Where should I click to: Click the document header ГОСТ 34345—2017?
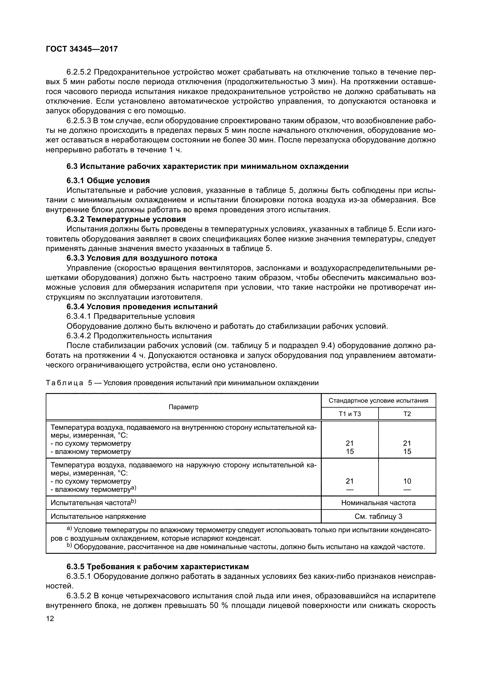coord(82,49)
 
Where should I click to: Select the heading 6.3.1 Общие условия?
coord(108,181)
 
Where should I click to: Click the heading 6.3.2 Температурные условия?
coord(126,219)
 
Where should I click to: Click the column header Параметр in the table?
coord(183,407)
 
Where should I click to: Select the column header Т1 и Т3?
coord(350,414)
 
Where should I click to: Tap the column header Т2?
coord(407,414)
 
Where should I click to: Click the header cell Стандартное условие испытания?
coord(378,401)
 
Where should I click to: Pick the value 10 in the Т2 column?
coord(407,481)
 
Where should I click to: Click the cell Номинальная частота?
coord(378,503)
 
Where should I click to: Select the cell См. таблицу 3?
coord(378,517)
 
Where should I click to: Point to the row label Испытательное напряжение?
coord(98,517)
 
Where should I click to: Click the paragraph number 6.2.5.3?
coord(78,121)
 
